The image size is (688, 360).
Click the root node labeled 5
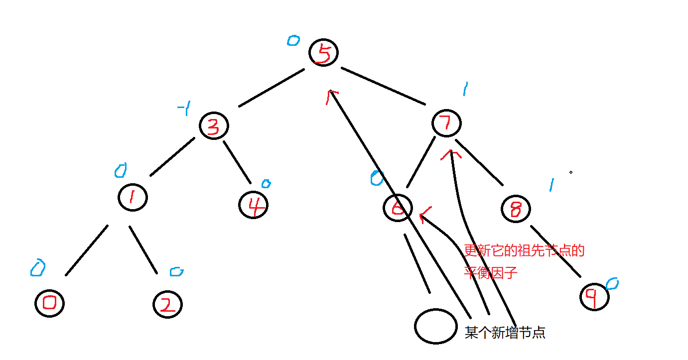click(x=323, y=53)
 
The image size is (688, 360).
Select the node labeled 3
click(x=214, y=126)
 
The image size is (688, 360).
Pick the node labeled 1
click(x=133, y=197)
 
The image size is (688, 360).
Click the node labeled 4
click(x=253, y=205)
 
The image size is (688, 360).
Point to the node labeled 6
click(x=398, y=208)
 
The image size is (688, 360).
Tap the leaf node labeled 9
click(x=595, y=297)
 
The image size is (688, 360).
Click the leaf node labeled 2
click(x=167, y=304)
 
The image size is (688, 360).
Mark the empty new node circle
click(x=436, y=326)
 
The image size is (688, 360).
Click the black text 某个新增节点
click(x=505, y=333)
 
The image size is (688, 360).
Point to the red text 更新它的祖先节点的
click(x=524, y=250)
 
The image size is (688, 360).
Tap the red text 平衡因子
click(x=491, y=272)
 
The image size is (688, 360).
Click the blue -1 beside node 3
click(x=184, y=109)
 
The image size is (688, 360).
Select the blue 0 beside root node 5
click(x=293, y=40)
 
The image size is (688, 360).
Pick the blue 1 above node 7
click(x=465, y=90)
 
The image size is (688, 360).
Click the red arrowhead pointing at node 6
click(x=425, y=215)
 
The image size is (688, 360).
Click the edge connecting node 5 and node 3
click(x=272, y=87)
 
